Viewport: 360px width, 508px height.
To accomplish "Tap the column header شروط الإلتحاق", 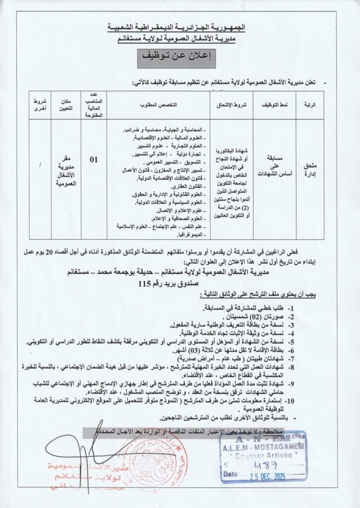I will tap(231, 106).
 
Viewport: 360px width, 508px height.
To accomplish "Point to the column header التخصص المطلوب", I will tap(158, 106).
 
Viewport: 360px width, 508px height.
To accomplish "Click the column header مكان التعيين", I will tap(66, 105).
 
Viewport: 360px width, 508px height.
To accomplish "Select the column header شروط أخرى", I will tap(39, 105).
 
